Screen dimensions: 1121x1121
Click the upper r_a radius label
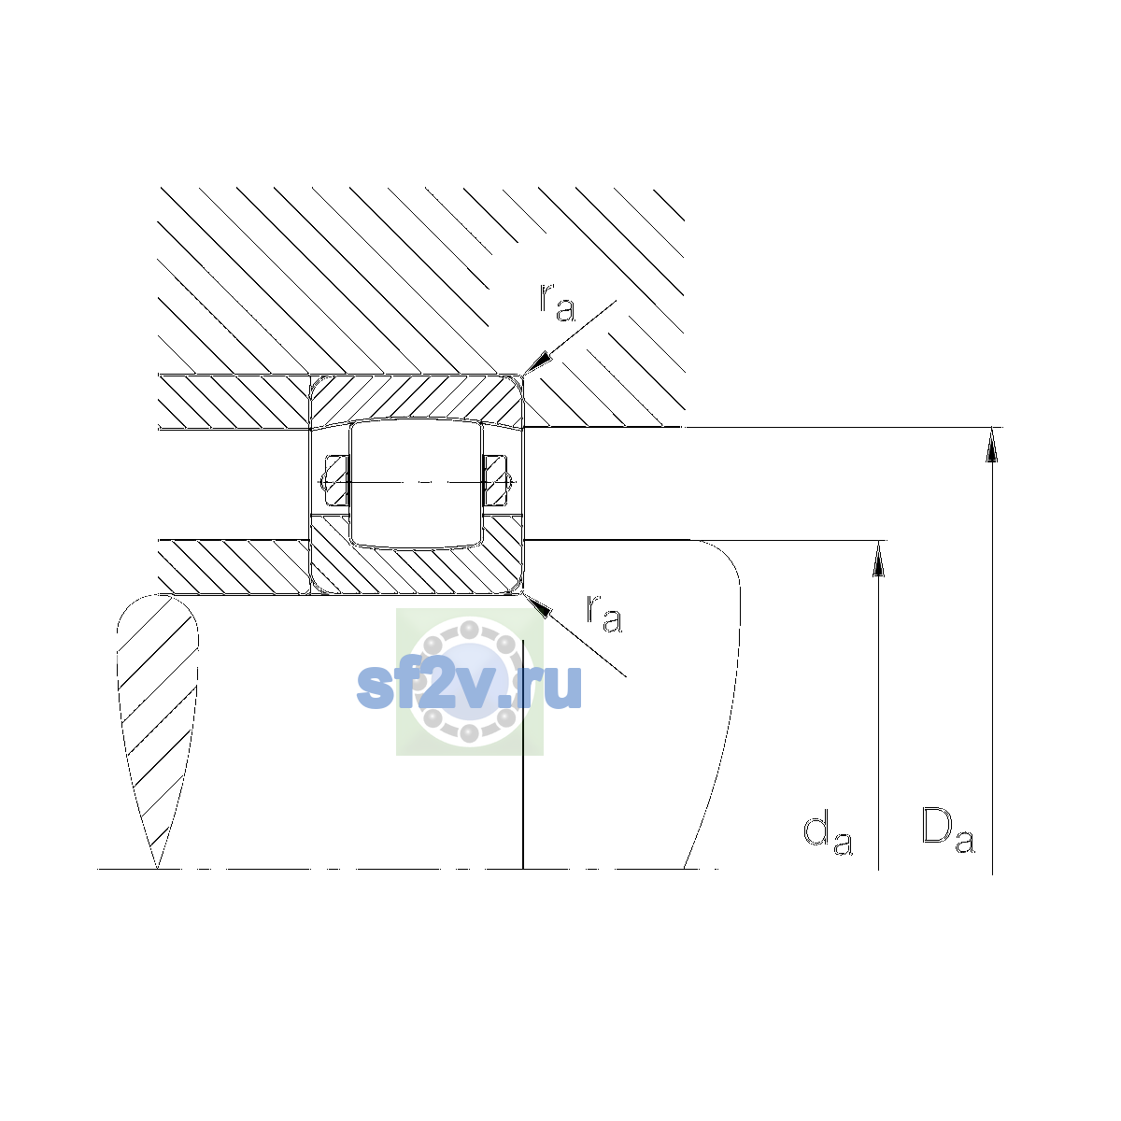(557, 302)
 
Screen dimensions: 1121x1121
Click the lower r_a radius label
(603, 613)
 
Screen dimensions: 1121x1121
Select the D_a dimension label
(947, 830)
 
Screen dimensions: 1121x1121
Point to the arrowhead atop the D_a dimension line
(992, 445)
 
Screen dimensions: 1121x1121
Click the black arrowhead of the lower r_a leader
(536, 604)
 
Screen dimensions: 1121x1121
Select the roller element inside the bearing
(416, 483)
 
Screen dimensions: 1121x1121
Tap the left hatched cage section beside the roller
(336, 480)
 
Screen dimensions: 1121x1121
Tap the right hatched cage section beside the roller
(496, 480)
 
